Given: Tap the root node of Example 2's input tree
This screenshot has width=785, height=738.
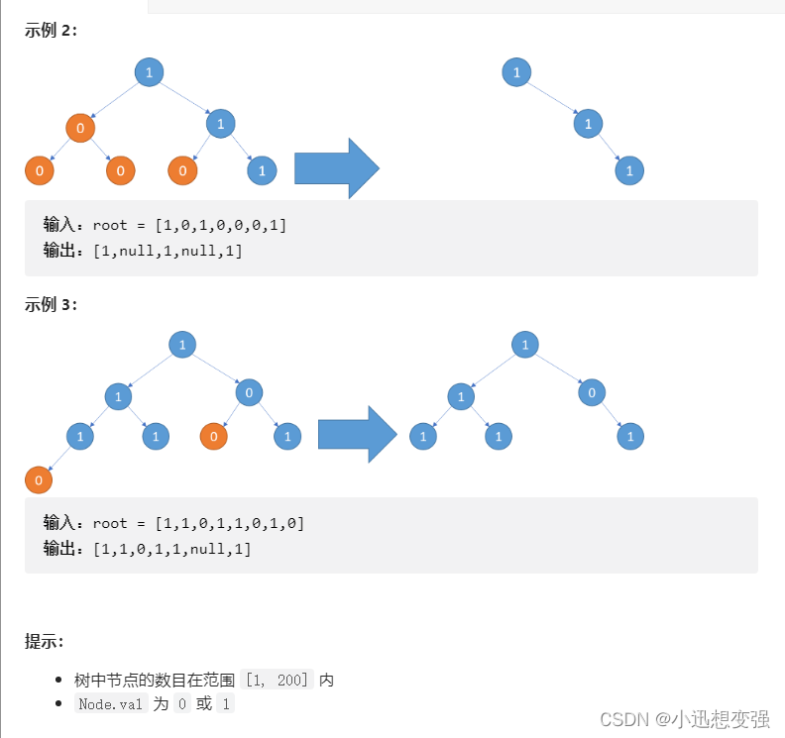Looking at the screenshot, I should (x=149, y=72).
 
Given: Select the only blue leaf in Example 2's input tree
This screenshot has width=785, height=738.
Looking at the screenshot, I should (x=262, y=170).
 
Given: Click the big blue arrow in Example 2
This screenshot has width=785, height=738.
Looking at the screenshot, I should (x=336, y=168).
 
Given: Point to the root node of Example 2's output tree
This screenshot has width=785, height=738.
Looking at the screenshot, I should (x=516, y=72).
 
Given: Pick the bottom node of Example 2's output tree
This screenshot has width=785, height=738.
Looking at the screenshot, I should (x=629, y=170).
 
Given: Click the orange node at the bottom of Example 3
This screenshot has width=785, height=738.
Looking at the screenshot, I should (x=39, y=480).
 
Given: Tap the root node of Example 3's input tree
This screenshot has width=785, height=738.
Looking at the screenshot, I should (x=181, y=345).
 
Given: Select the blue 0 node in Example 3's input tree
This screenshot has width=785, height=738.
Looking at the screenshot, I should (x=249, y=393).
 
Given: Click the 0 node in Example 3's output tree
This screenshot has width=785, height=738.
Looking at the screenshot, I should (x=591, y=393).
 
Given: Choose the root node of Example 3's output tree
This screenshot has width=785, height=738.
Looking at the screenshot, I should (x=524, y=345).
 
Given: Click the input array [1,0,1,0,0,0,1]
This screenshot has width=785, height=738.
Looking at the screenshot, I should (x=221, y=225).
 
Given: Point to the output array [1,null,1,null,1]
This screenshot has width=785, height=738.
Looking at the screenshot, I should (x=168, y=251).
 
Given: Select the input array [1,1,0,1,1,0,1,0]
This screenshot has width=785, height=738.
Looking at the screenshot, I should (x=230, y=523).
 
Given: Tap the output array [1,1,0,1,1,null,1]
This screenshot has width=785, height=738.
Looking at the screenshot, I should (x=172, y=548).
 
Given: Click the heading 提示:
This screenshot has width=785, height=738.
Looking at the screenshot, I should (x=45, y=642).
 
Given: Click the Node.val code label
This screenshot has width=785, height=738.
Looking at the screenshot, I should (x=111, y=704).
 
